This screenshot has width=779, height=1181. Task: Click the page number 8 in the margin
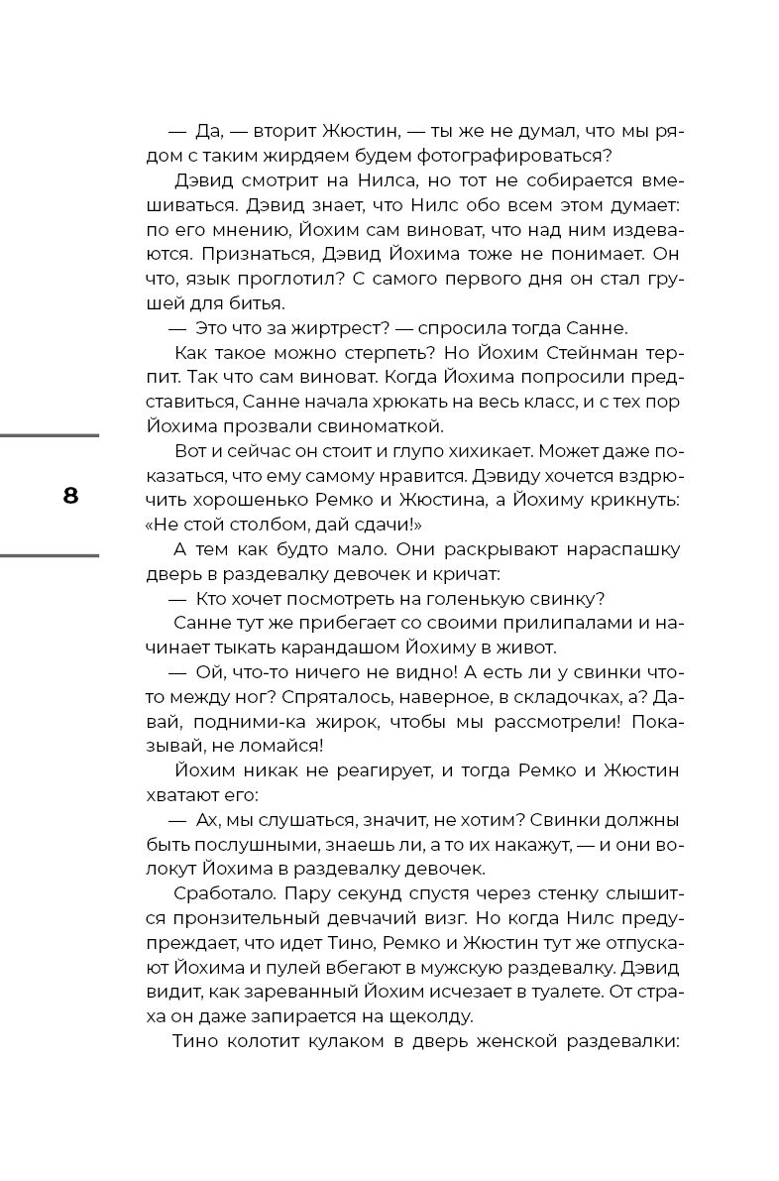tap(70, 496)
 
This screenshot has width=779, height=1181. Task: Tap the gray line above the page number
tap(50, 435)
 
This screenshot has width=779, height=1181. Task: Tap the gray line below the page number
tap(50, 555)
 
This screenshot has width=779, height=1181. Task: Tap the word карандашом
tap(372, 648)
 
